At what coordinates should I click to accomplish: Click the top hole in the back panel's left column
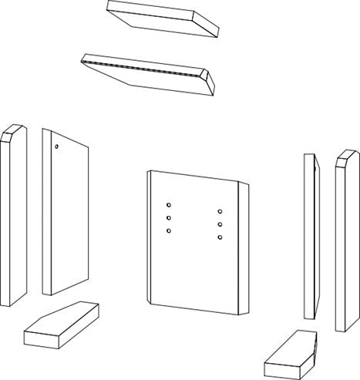[x=168, y=205]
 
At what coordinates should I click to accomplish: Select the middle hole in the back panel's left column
[x=168, y=218]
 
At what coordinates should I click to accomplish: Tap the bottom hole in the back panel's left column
[x=168, y=230]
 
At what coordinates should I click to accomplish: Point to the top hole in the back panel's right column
[x=220, y=211]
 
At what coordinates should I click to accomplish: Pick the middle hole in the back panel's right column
[x=220, y=224]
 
